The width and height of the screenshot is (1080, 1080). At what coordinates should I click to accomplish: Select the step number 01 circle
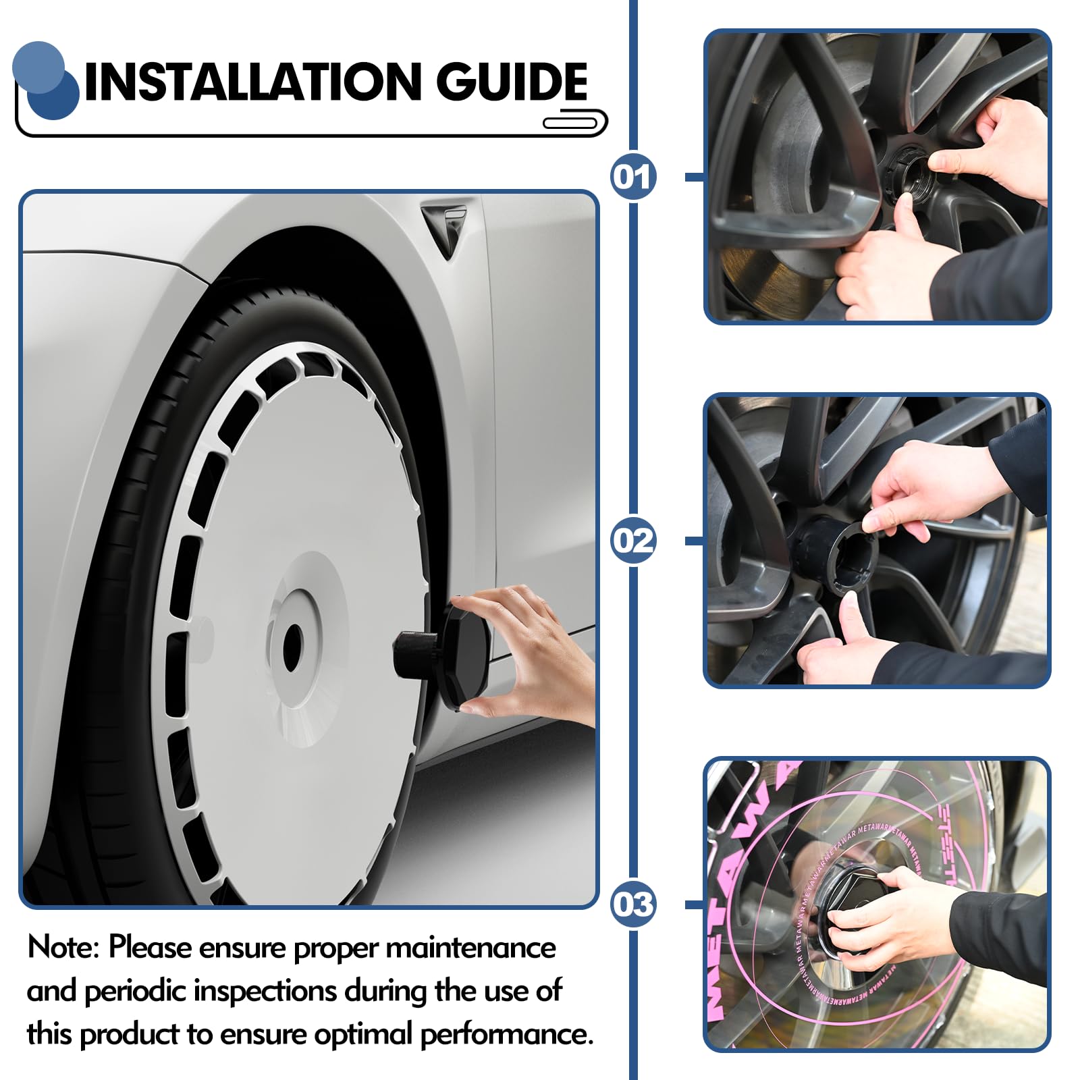pos(633,177)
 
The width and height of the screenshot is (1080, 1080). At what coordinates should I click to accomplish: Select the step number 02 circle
pos(633,541)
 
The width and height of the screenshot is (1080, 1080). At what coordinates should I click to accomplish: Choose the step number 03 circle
pos(633,905)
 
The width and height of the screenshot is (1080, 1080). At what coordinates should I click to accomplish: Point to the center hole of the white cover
pos(292,648)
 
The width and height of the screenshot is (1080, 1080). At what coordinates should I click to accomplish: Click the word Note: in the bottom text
pos(63,948)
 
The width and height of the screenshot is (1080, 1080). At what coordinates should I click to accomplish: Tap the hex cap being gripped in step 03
pos(844,898)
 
